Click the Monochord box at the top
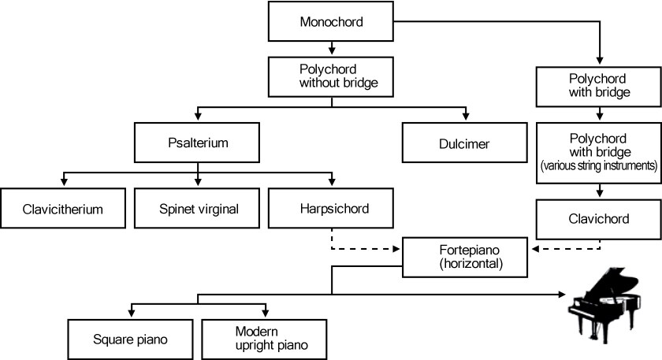point(331,21)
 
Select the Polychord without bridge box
point(331,77)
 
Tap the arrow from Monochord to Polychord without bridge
point(331,49)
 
